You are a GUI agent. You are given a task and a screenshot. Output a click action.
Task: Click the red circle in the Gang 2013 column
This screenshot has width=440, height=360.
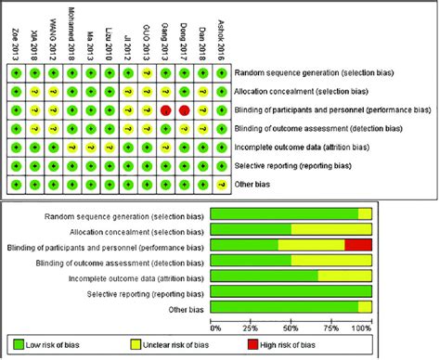[165, 109]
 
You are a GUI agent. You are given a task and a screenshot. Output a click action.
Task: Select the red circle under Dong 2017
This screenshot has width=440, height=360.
[184, 109]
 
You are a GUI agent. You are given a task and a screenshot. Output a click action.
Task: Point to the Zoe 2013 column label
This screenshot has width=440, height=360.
[16, 41]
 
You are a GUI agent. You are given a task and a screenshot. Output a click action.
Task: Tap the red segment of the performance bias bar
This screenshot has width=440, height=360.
[358, 245]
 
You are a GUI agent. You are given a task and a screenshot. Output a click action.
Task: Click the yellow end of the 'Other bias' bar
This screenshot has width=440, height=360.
[366, 307]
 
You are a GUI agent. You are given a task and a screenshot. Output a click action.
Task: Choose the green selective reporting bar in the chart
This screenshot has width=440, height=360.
[291, 292]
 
